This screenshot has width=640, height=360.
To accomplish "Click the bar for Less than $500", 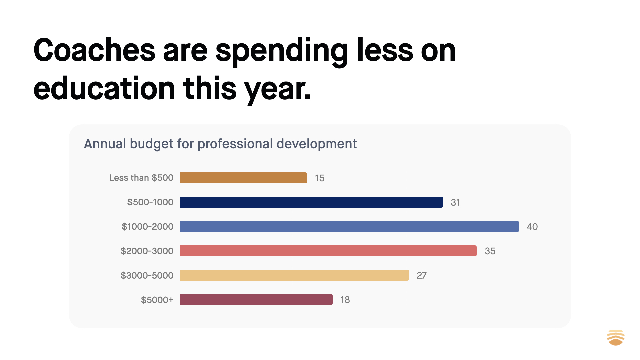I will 243,178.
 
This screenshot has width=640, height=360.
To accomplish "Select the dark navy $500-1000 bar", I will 311,202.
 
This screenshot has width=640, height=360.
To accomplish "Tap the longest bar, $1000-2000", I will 349,226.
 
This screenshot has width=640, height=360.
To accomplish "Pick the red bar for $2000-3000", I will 328,251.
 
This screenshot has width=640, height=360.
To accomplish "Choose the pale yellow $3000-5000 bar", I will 294,275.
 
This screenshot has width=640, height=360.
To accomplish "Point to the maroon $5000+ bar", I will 256,299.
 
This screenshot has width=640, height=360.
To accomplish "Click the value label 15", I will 320,178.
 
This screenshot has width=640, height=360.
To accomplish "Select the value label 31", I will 455,202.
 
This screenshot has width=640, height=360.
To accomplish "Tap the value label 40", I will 532,227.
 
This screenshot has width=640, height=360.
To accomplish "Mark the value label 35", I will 490,251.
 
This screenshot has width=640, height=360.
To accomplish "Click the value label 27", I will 422,275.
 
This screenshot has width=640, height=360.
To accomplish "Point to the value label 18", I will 345,300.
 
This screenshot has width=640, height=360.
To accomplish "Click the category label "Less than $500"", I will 141,178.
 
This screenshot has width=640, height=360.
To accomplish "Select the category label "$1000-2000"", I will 147,227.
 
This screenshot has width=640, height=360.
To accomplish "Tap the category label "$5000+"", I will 157,300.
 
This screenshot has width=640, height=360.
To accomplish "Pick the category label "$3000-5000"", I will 147,275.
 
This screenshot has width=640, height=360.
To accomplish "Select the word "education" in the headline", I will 104,88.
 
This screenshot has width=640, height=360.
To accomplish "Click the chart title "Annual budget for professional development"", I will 220,144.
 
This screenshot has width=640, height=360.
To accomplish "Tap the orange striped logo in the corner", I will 616,337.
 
